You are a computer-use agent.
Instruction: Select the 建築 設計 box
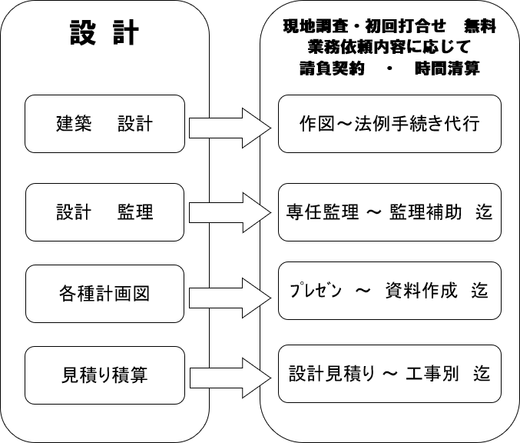(x=104, y=124)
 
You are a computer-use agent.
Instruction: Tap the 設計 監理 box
(x=104, y=212)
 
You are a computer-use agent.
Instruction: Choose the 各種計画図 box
(x=104, y=293)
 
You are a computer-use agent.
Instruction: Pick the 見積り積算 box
(x=104, y=375)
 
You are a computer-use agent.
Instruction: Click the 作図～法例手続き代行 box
(x=389, y=123)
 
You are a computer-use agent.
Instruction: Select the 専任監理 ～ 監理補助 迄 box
(x=389, y=212)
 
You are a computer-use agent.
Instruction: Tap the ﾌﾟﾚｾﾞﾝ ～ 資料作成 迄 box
(x=389, y=291)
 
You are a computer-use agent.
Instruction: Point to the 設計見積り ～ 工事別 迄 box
(x=389, y=375)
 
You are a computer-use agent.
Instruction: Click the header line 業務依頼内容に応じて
(x=389, y=48)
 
